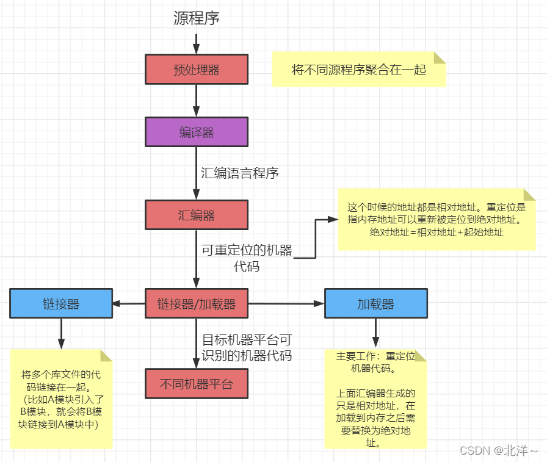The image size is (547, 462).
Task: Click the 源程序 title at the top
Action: click(196, 19)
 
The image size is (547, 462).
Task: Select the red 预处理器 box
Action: click(196, 69)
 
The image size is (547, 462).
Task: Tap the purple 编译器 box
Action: click(196, 132)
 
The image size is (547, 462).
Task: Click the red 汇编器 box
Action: click(196, 215)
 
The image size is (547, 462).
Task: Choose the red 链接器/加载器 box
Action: click(196, 303)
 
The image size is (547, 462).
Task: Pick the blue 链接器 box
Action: click(61, 303)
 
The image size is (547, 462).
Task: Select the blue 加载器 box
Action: click(375, 303)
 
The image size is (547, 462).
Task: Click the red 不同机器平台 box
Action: click(196, 384)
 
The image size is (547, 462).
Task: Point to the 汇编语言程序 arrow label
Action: click(240, 173)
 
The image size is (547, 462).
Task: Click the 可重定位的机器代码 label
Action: click(247, 258)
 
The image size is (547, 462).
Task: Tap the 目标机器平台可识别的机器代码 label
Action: click(247, 348)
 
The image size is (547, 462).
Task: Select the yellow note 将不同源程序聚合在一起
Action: click(359, 70)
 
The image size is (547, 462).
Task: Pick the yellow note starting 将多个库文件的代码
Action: click(61, 399)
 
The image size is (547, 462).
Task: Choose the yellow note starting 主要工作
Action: click(375, 399)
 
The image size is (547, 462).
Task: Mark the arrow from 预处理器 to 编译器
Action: click(196, 100)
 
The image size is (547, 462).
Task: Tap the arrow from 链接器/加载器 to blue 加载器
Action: click(286, 303)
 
